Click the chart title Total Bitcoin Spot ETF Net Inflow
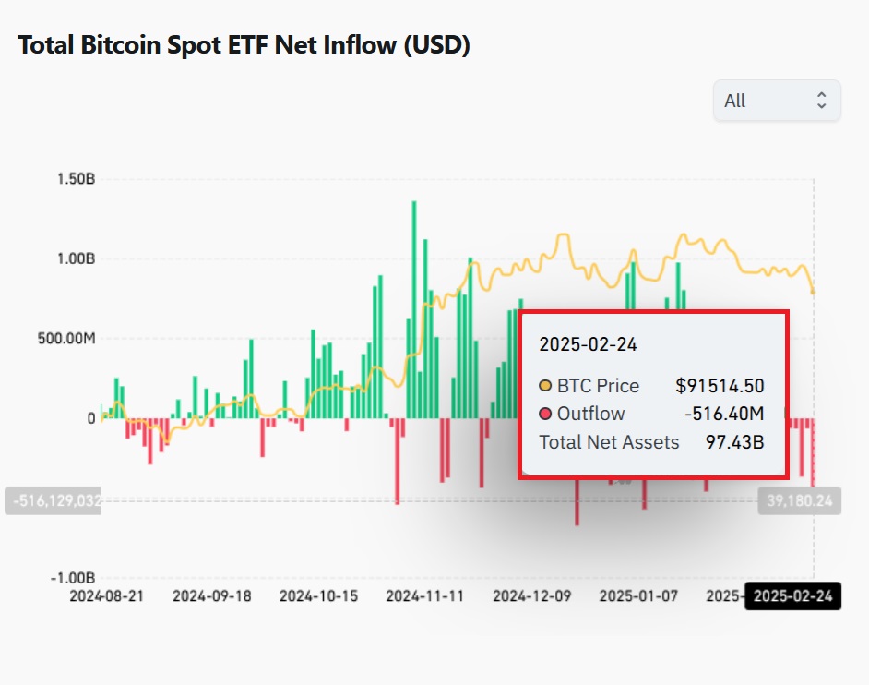point(244,46)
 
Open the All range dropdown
point(777,101)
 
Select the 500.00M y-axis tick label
point(66,339)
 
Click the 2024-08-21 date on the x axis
point(107,596)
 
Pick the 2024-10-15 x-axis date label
point(317,596)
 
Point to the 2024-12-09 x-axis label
point(531,596)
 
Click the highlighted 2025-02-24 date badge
point(792,596)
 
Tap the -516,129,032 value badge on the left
point(54,500)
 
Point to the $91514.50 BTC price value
point(720,386)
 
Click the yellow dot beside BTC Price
point(545,386)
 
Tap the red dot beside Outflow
point(545,414)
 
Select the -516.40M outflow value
point(723,414)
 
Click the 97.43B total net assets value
point(734,442)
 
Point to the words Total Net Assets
point(609,442)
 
